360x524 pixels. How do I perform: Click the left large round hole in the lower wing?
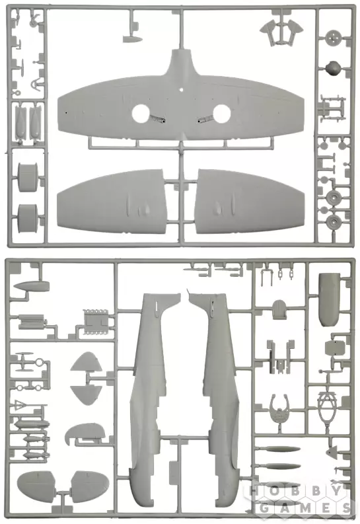[x=140, y=113]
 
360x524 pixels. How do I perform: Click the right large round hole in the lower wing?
[x=222, y=113]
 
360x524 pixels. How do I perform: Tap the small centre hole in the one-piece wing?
[x=181, y=89]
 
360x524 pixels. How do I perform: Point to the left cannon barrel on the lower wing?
[x=158, y=120]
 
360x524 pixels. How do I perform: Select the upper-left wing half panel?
[x=111, y=202]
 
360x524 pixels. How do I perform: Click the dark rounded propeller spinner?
[x=334, y=68]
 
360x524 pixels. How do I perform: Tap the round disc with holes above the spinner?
[x=334, y=38]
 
